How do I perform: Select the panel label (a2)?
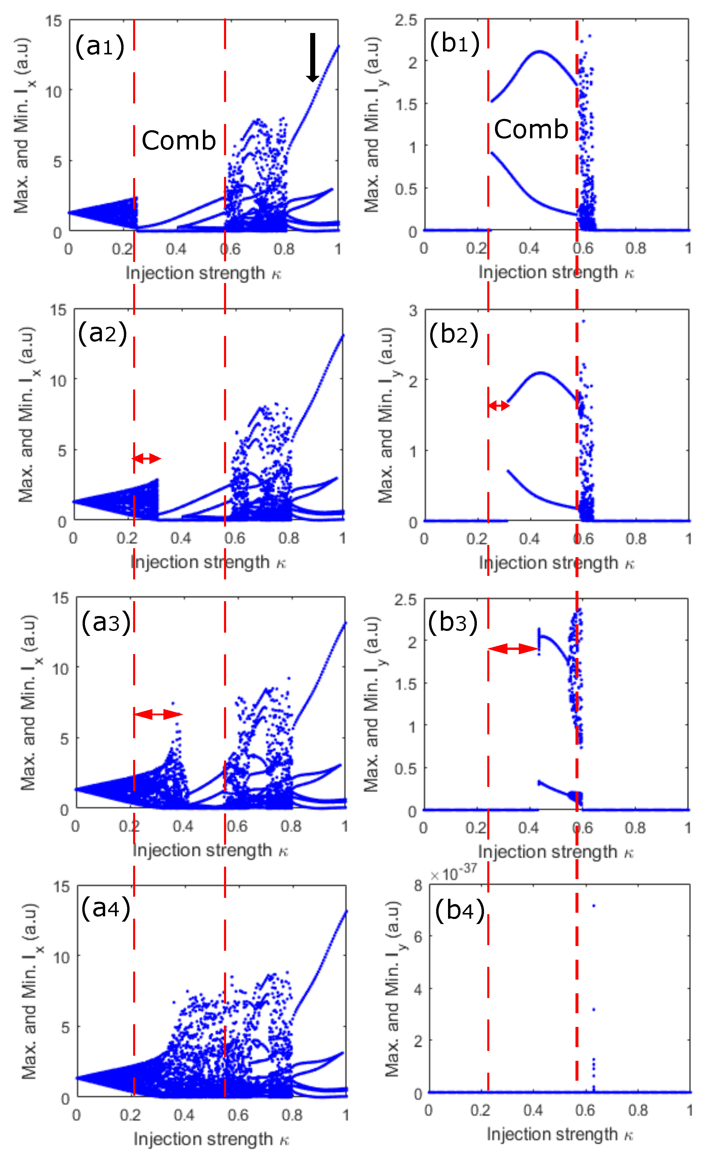tap(103, 333)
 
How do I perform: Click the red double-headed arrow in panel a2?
tap(146, 458)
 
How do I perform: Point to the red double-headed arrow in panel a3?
tap(158, 714)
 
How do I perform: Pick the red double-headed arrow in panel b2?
tap(499, 405)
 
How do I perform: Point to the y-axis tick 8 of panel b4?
tap(418, 886)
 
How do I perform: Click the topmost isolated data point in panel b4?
tap(594, 906)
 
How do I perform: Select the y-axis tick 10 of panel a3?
tap(61, 669)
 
